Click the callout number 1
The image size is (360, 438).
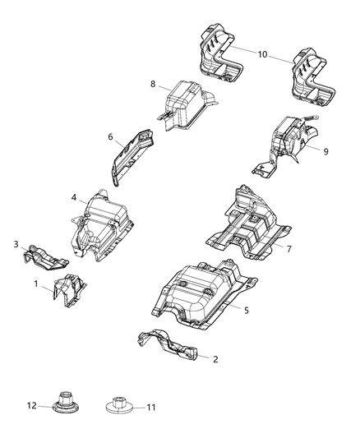[x=36, y=284]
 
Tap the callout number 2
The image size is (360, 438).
[x=215, y=359]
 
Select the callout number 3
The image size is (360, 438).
[x=16, y=244]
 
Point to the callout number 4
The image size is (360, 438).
[x=74, y=198]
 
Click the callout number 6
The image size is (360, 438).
[x=110, y=138]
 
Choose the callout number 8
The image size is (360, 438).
[x=153, y=84]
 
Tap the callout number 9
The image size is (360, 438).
[x=325, y=151]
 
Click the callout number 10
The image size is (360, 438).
[x=262, y=54]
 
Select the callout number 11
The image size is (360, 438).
[x=150, y=406]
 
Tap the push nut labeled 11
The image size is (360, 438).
[x=119, y=406]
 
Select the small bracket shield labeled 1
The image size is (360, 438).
[x=68, y=290]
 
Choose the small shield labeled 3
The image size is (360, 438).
[x=44, y=256]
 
